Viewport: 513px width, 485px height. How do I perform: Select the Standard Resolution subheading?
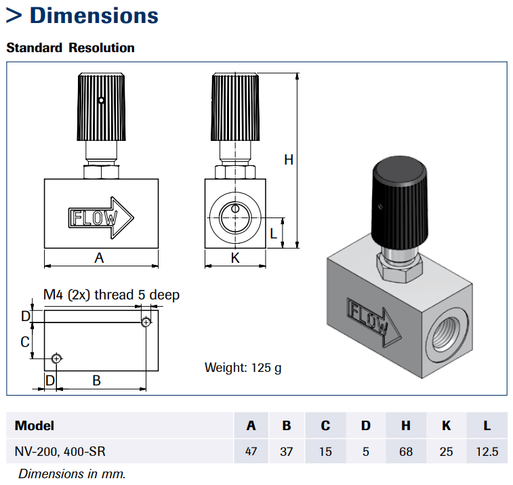(70, 48)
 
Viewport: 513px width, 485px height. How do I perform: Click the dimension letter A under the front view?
(100, 258)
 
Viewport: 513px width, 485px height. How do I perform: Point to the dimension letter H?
(289, 160)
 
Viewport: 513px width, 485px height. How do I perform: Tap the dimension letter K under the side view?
(235, 258)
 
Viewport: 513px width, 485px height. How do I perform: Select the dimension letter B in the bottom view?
(96, 381)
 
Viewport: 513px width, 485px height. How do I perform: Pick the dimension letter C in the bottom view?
(24, 342)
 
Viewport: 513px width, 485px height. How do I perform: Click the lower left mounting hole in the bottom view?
(56, 358)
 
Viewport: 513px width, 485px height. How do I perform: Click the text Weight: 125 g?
(243, 368)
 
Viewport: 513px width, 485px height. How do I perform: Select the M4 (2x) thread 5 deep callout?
(111, 295)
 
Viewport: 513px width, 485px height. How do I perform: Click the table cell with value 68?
(406, 451)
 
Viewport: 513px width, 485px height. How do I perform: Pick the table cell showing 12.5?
(487, 451)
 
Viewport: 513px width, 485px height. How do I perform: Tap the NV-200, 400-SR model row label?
(60, 451)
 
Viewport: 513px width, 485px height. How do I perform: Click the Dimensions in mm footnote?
(72, 473)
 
